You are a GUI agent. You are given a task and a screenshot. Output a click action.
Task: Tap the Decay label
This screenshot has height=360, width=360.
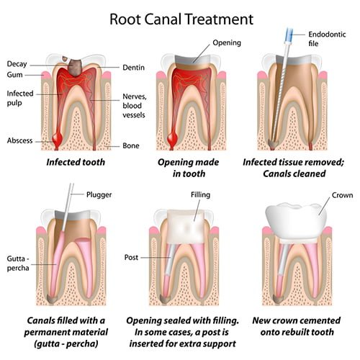click(18, 64)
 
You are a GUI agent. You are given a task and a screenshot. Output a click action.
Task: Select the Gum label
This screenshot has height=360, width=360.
click(17, 75)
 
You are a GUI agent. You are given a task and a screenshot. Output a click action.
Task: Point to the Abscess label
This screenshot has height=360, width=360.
click(19, 140)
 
